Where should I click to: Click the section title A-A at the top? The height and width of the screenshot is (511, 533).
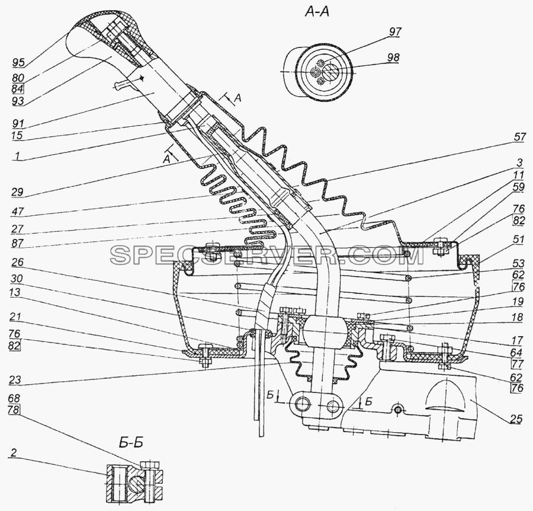point(317,12)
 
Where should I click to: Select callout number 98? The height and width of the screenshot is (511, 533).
point(393,58)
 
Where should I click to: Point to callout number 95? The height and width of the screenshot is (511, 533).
point(19,63)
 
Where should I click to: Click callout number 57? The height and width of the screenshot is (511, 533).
point(520,138)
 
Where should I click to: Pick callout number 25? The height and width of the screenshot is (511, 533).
point(515,419)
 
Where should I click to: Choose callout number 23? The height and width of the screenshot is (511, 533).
point(15,379)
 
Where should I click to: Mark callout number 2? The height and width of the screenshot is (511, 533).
point(13,453)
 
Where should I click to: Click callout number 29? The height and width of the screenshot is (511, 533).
point(17,192)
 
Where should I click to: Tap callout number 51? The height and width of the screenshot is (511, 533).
point(519,239)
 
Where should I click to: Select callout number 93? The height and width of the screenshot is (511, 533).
point(18,101)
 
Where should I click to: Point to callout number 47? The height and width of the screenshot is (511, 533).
point(17,211)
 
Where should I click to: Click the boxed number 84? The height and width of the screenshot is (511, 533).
point(18,89)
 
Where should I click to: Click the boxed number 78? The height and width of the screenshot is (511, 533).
point(14,410)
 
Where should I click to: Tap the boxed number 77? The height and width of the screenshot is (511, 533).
point(518,365)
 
